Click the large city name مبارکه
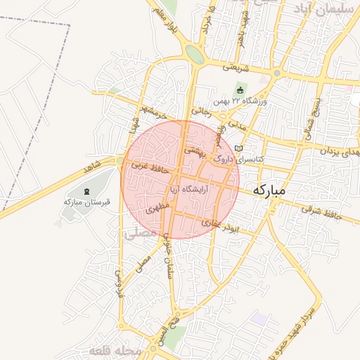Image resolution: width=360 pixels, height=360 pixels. coord(270,190)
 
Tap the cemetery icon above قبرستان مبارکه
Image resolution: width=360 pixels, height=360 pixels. coord(87,191)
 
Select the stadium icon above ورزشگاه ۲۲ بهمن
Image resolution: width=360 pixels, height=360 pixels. coord(239,90)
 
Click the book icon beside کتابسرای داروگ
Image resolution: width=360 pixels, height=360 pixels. coord(239,149)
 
